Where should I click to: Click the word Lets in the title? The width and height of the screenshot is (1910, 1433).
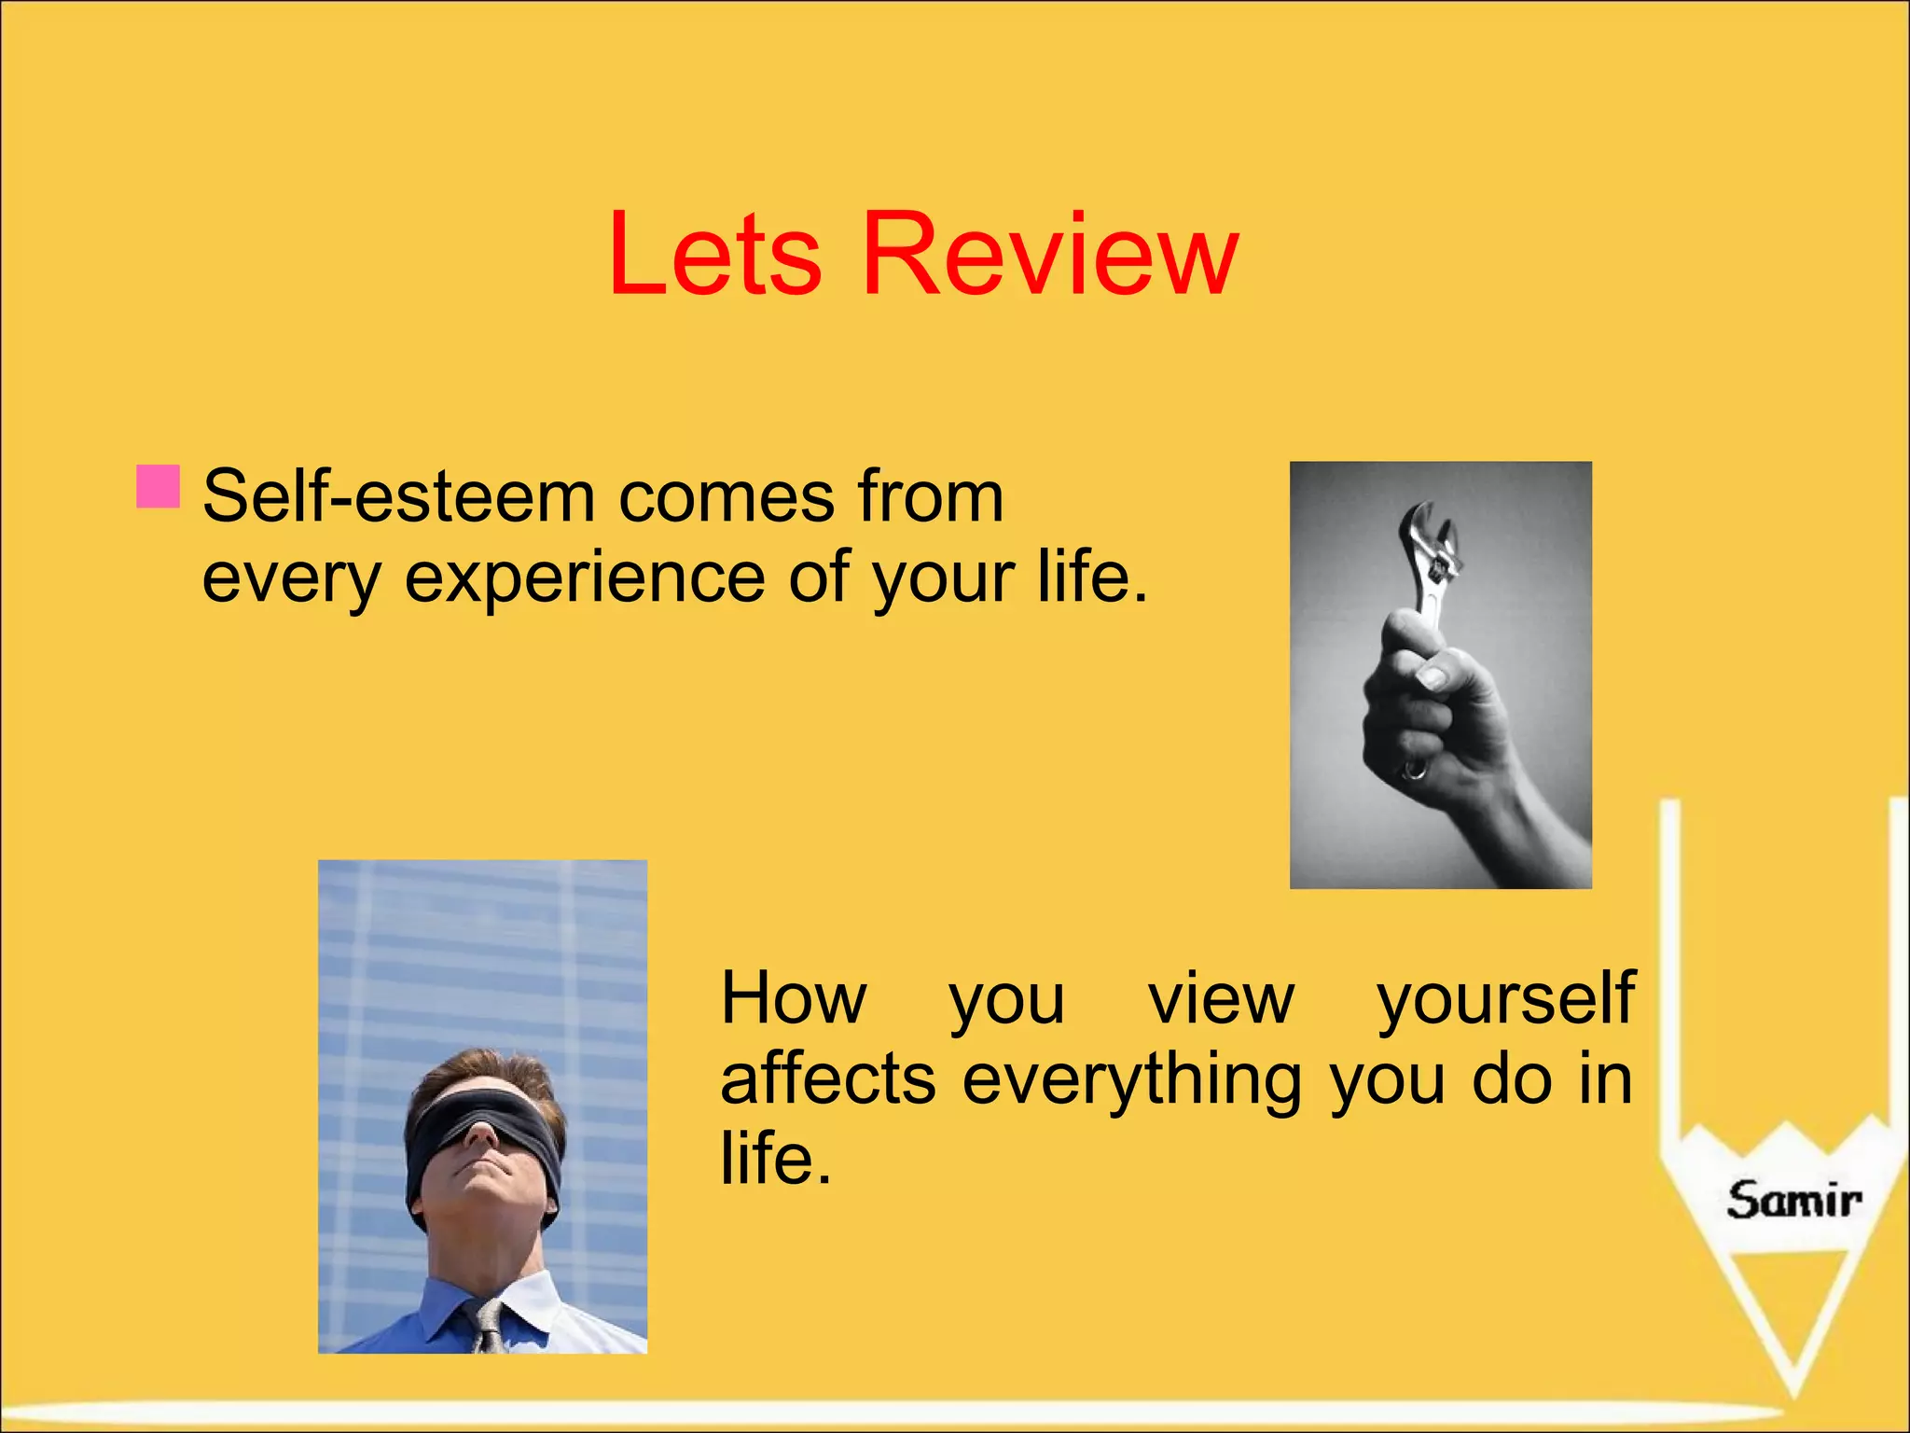pos(714,255)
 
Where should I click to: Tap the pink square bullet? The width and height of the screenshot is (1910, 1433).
pos(158,486)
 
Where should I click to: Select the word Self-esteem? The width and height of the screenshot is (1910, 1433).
pos(398,496)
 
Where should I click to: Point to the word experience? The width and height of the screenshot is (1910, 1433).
pos(585,579)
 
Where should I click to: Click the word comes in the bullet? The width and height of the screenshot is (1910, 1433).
pos(727,496)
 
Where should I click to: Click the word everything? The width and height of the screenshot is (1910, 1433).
pos(1132,1080)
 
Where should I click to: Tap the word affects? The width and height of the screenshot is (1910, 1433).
pos(827,1080)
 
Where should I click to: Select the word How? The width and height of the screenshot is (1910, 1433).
pos(794,998)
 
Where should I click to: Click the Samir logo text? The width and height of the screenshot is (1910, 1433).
pos(1792,1200)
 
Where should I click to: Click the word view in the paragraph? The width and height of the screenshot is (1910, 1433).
pos(1221,998)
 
